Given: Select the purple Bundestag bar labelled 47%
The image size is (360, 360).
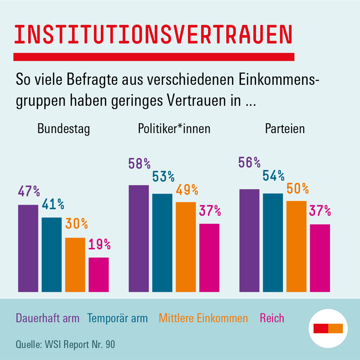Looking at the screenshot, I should pyautogui.click(x=28, y=248).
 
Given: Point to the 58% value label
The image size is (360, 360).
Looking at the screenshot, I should pyautogui.click(x=139, y=164).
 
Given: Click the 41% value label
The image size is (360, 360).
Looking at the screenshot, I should pyautogui.click(x=52, y=204).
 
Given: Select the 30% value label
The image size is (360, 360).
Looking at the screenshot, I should pyautogui.click(x=76, y=224).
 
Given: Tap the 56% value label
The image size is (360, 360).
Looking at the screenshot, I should pyautogui.click(x=249, y=162).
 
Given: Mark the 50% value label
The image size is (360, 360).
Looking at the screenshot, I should pyautogui.click(x=297, y=188).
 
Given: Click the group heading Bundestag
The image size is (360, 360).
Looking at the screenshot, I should pyautogui.click(x=63, y=129).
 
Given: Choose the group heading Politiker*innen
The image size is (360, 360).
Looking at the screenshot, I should pyautogui.click(x=174, y=129).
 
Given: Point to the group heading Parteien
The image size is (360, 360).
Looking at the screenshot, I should pyautogui.click(x=285, y=129).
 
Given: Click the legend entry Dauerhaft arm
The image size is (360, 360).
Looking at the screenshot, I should pyautogui.click(x=47, y=319).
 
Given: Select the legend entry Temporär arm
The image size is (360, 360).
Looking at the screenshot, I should pyautogui.click(x=117, y=319).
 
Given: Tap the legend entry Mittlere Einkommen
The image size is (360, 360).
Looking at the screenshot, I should pyautogui.click(x=203, y=319).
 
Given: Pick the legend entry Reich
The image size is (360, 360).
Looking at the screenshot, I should pyautogui.click(x=272, y=319).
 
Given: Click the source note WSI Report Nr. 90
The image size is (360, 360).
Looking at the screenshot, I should pyautogui.click(x=65, y=345).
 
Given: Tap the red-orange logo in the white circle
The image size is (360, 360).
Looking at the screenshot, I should pyautogui.click(x=328, y=328).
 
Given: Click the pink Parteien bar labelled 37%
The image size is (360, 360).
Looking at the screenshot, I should pyautogui.click(x=320, y=258).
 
